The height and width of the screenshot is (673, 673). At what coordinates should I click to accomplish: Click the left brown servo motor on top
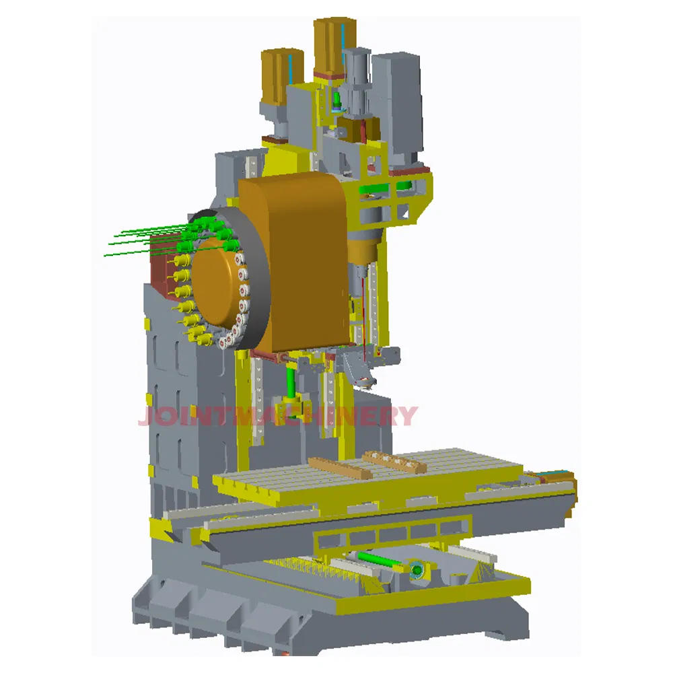[277, 74]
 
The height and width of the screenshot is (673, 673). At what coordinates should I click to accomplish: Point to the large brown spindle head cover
[296, 256]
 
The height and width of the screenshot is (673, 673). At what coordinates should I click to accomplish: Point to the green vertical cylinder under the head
[291, 384]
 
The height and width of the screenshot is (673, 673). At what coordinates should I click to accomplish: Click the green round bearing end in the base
[418, 571]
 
